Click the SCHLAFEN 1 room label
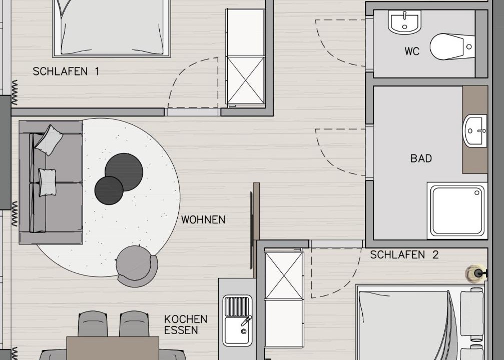point(66,71)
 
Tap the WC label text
point(412,51)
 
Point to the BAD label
point(421,158)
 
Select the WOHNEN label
point(203,219)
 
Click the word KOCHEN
point(186,319)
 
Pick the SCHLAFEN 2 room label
point(404,254)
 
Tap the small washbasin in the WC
point(404,22)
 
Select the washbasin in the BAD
point(475,131)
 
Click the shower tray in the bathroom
point(457,210)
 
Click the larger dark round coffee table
point(124,172)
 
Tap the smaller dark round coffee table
point(109,190)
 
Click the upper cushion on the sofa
point(49,140)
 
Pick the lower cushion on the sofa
point(47,182)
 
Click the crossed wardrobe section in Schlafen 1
point(246,80)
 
